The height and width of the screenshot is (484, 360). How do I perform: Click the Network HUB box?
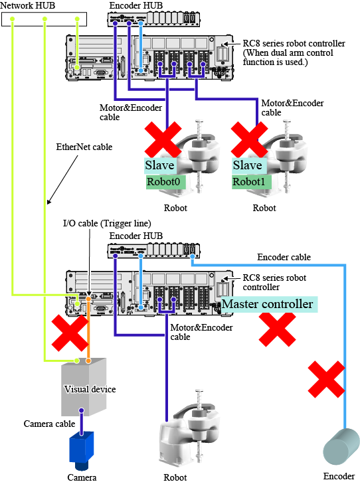tap(44, 19)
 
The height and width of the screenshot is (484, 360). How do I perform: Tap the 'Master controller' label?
tap(268, 304)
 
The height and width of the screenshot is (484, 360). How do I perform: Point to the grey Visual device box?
tap(84, 387)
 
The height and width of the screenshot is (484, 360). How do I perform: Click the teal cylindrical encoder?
tap(341, 447)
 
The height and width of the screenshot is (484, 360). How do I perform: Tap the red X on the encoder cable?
tap(326, 379)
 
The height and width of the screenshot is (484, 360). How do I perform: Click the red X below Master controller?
tap(277, 329)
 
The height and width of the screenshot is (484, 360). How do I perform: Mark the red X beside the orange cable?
tap(70, 333)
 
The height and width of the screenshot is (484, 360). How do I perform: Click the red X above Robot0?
tap(163, 139)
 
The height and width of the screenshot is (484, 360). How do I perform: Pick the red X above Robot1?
tap(250, 139)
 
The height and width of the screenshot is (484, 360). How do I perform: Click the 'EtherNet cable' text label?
tap(84, 147)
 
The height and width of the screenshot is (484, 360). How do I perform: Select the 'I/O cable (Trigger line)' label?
tap(107, 223)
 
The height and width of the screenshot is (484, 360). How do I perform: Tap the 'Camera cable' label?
tap(49, 424)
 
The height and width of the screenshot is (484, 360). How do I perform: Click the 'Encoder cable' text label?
tap(284, 257)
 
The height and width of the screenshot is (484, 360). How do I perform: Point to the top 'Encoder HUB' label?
tap(136, 5)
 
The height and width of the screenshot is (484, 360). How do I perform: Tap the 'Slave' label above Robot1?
tap(247, 165)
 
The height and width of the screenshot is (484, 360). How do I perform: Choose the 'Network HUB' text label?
tap(27, 5)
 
